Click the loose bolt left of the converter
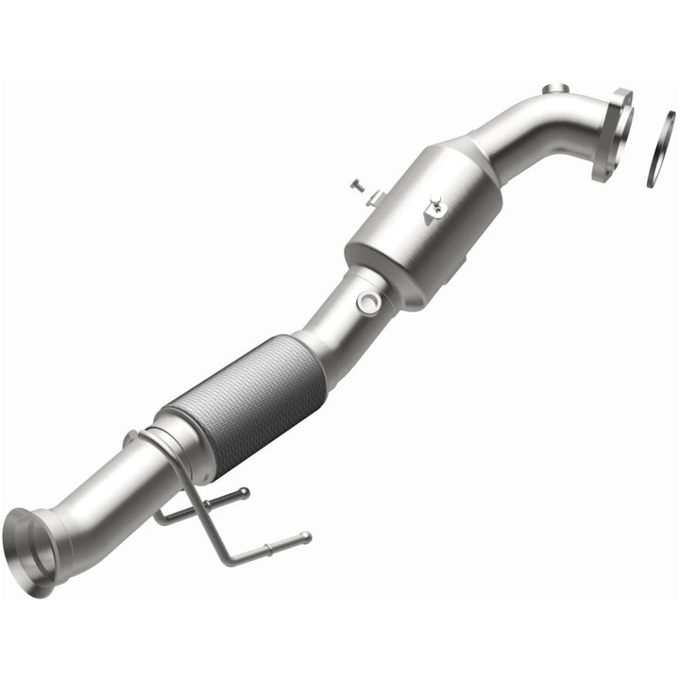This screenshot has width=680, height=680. tap(356, 186)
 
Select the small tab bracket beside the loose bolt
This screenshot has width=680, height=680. tap(375, 197)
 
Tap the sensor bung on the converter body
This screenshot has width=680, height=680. tap(435, 209)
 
